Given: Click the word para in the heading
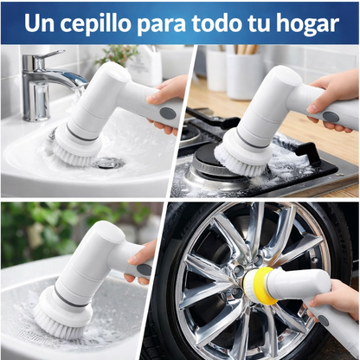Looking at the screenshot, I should point(162,23).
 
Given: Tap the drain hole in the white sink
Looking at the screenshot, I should point(110,162).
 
